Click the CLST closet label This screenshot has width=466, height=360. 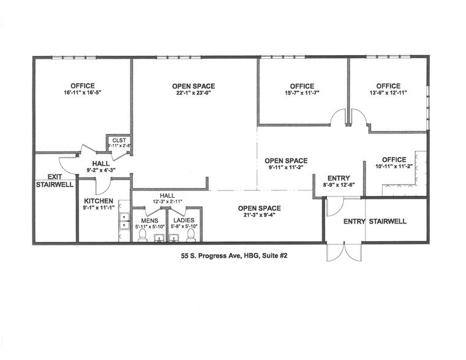[119, 140]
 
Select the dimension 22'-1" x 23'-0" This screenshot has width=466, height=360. [194, 93]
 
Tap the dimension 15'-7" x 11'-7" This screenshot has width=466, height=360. [302, 93]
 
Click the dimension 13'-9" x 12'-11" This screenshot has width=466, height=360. [388, 93]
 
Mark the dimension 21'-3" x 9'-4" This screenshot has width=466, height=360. [260, 215]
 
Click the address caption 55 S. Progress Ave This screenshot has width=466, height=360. [230, 256]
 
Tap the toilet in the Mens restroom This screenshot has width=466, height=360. [143, 235]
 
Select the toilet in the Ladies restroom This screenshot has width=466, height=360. [191, 235]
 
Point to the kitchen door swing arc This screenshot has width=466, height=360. [105, 187]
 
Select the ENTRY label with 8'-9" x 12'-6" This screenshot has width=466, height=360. [339, 178]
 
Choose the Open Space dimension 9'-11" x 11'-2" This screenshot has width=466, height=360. [286, 168]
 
